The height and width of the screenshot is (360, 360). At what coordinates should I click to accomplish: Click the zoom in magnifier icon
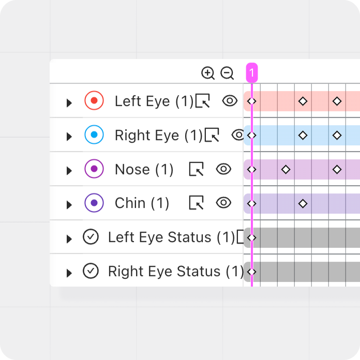[x=208, y=73]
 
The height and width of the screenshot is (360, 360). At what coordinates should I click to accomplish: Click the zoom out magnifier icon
[x=227, y=73]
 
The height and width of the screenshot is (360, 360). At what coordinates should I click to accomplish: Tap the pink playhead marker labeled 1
[x=252, y=72]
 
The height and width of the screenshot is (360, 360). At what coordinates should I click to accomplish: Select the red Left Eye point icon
[x=94, y=100]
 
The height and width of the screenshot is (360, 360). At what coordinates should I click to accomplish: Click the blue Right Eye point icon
[x=94, y=134]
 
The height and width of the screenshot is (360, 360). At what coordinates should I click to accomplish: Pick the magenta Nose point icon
[x=94, y=169]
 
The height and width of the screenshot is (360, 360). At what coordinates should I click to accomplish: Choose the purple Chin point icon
[x=94, y=203]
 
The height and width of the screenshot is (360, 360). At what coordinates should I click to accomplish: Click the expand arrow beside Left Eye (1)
[x=69, y=102]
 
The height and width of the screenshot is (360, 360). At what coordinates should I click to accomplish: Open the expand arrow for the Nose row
[x=69, y=171]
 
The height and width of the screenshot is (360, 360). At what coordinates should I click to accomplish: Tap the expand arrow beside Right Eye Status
[x=69, y=273]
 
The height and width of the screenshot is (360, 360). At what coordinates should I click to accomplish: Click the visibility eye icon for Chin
[x=223, y=203]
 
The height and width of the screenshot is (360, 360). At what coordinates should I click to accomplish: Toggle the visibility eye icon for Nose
[x=223, y=169]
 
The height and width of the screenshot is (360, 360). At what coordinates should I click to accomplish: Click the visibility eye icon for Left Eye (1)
[x=230, y=100]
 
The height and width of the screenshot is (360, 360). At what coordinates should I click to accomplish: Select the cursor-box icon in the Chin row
[x=197, y=203]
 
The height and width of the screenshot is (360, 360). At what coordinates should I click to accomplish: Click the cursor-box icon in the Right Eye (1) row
[x=212, y=135]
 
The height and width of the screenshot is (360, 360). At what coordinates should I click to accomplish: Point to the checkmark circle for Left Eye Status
[x=91, y=237]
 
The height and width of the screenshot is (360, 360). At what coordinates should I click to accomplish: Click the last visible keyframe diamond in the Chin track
[x=303, y=203]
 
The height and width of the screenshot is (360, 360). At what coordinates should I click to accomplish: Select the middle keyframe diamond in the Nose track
[x=286, y=170]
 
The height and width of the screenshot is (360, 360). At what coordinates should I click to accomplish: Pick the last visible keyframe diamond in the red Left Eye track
[x=337, y=101]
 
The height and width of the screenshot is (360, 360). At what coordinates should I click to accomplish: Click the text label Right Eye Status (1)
[x=176, y=271]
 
